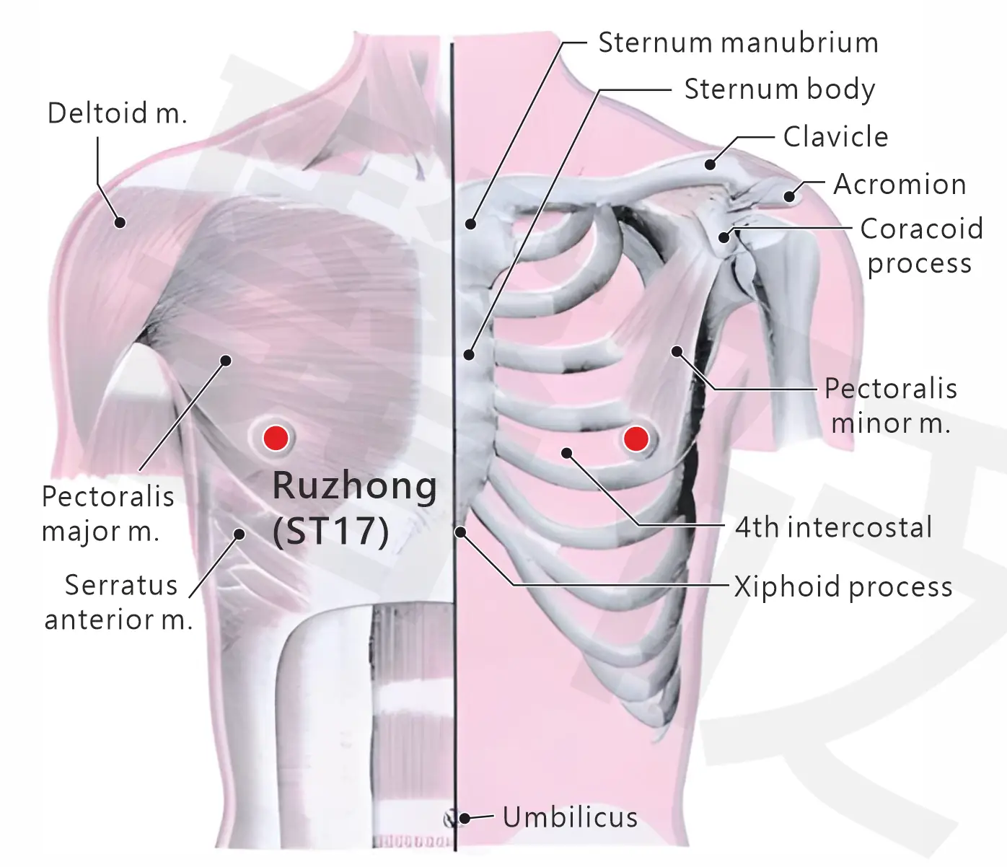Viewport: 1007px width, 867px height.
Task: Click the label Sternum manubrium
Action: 738,43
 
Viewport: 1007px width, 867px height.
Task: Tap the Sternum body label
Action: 780,89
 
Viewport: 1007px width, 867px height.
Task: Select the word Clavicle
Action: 835,136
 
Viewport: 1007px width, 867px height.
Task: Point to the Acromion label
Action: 900,185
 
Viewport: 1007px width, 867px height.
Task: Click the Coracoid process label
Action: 921,246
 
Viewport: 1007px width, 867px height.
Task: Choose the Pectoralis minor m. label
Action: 891,406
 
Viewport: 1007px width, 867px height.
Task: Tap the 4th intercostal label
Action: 834,527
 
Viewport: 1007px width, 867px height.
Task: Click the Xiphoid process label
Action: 843,587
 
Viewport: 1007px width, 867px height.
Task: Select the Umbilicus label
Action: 570,817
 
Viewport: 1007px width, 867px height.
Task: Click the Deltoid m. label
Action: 118,113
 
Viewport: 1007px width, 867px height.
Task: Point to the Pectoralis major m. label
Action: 107,514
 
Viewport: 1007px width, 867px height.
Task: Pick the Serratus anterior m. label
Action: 119,602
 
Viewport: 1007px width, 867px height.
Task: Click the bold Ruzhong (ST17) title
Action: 354,508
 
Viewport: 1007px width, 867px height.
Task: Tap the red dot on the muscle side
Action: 276,438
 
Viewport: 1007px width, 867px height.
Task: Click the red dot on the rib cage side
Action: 636,439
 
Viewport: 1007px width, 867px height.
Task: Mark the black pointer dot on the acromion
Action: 789,197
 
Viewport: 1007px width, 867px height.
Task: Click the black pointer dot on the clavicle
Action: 711,164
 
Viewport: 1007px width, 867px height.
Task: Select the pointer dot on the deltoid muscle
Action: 120,223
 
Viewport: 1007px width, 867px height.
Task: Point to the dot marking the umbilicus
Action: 464,818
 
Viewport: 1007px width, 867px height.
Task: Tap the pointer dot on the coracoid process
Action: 724,238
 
